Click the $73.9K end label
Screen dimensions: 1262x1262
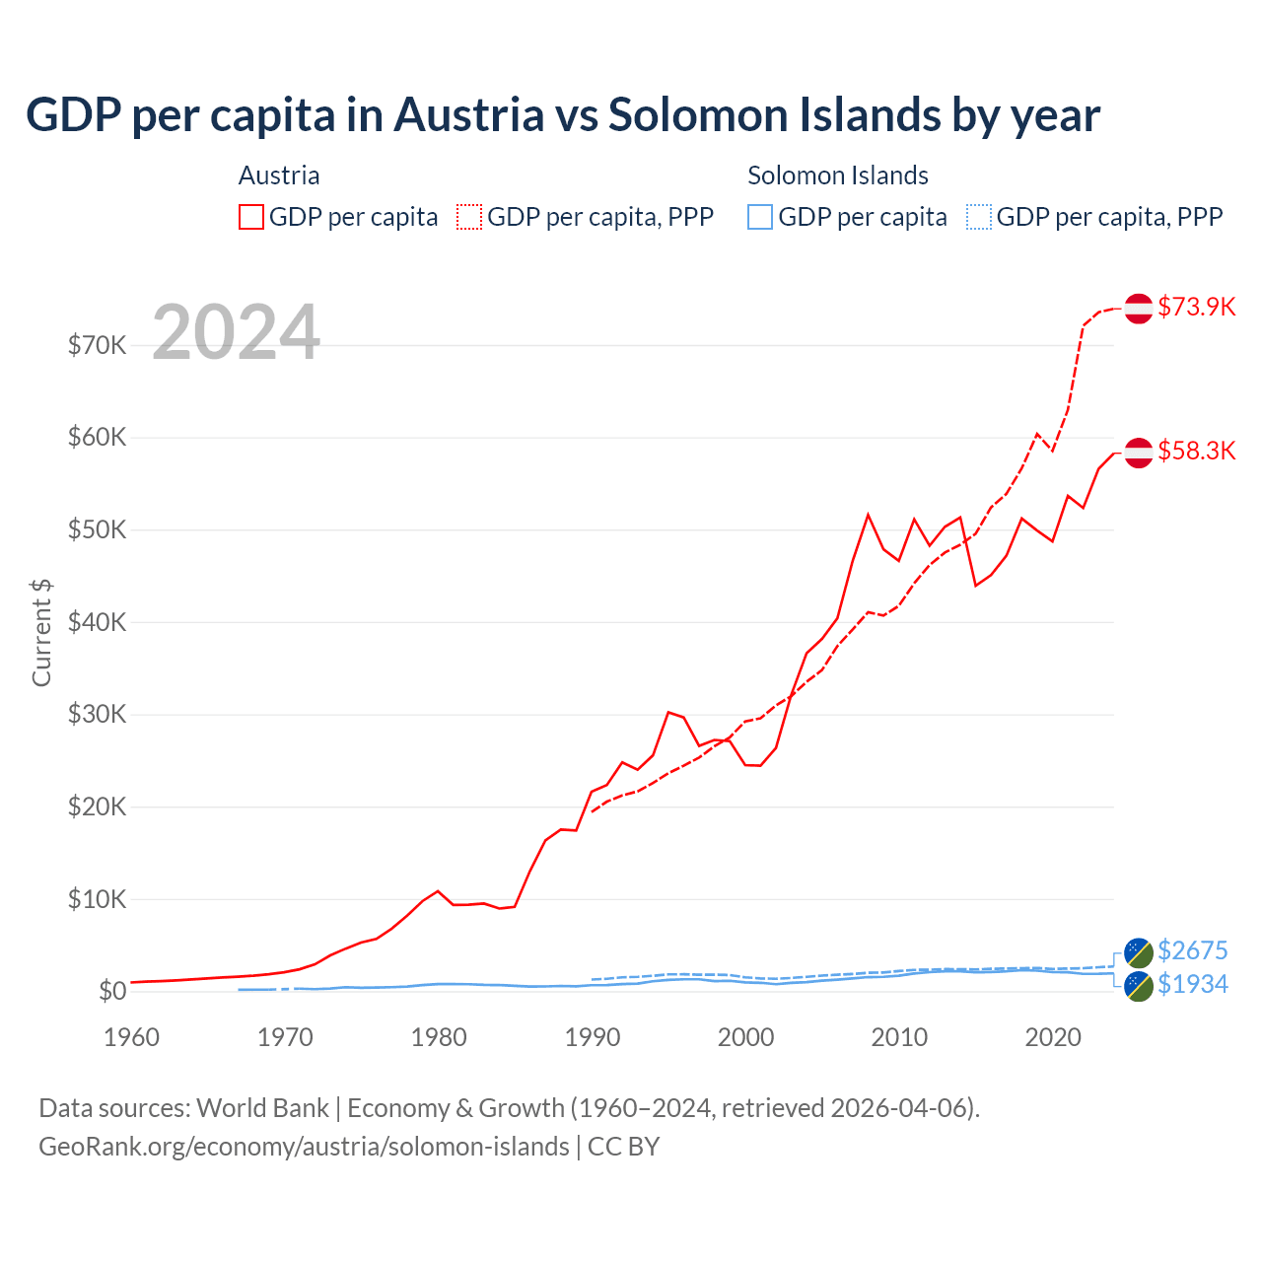pos(1196,307)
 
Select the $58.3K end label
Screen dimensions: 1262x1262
pos(1196,451)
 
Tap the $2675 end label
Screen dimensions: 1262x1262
pos(1192,950)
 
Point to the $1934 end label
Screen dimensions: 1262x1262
pos(1192,984)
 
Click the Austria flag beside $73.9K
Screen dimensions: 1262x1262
pos(1139,308)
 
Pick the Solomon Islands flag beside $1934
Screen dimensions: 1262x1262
pos(1139,986)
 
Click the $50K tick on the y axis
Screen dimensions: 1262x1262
pos(97,529)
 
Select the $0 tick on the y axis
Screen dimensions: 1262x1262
pos(112,991)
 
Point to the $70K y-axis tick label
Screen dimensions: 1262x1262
pos(97,345)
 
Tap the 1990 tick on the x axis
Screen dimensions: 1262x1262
pos(593,1037)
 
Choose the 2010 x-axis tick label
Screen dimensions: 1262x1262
pos(899,1037)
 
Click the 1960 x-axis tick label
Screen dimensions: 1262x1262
pos(131,1037)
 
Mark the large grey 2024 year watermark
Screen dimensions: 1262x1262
pos(237,332)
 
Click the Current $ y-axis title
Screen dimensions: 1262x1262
pos(41,633)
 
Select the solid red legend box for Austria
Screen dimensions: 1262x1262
pos(251,217)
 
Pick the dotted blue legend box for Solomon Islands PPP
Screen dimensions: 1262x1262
pos(979,217)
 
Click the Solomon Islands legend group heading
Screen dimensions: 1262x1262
pos(838,175)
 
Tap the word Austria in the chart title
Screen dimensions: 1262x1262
pos(469,115)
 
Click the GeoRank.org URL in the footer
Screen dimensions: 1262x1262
pos(304,1147)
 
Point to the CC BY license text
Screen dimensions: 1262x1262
pos(623,1147)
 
